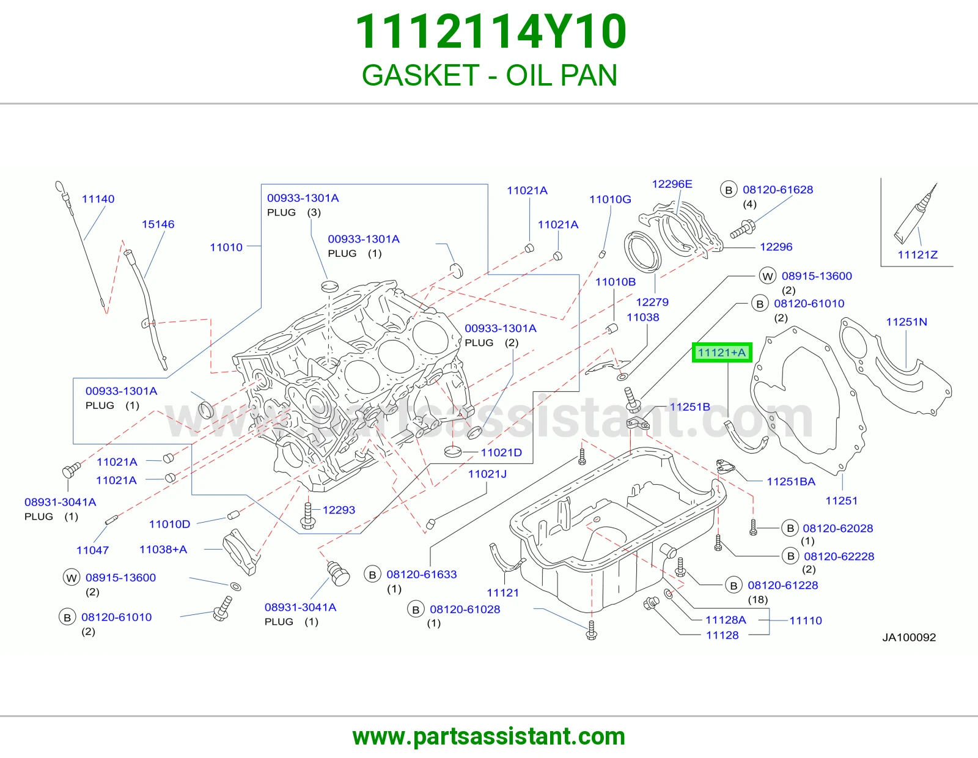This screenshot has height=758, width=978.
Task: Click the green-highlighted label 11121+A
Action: point(721,353)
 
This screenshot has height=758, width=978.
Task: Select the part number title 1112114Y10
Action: point(491,32)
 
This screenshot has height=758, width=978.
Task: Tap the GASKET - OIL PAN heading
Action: point(489,75)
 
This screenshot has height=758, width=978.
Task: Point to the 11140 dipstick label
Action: point(98,199)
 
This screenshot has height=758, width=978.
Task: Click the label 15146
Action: point(158,224)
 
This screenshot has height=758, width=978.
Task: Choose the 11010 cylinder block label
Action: point(226,247)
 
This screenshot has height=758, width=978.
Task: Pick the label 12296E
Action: point(672,184)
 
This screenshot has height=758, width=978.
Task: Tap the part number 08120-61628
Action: point(778,189)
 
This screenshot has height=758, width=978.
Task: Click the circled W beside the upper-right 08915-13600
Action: point(768,276)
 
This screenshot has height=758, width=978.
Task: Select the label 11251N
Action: point(906,322)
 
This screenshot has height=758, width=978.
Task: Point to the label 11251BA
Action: point(791,482)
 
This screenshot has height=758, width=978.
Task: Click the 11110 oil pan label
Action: point(806,620)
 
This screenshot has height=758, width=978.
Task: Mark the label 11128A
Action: point(726,620)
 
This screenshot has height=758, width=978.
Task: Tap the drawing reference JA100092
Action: point(909,638)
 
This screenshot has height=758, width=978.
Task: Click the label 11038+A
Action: point(163,550)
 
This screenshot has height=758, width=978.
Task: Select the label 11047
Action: point(93,550)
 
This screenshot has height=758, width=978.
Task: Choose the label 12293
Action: point(339,510)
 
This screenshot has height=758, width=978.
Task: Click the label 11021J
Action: point(487,474)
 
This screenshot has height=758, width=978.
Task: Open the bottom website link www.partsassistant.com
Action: point(489,737)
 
